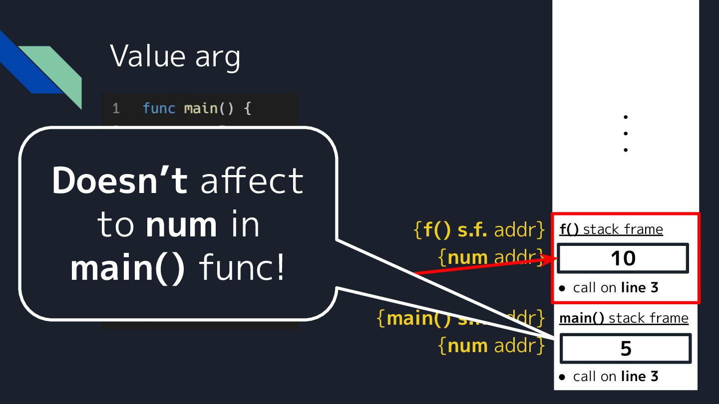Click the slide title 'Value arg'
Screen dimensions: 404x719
[x=175, y=56]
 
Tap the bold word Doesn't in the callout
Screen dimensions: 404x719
[x=120, y=181]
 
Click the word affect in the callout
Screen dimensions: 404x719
[x=252, y=181]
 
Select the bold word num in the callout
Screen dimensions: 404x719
[x=181, y=225]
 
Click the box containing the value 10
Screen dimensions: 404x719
[x=623, y=258]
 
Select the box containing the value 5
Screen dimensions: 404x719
[x=626, y=349]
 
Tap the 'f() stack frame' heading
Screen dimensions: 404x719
[x=611, y=229]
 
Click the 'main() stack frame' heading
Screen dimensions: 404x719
[x=624, y=318]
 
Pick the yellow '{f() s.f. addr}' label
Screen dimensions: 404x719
[x=479, y=230]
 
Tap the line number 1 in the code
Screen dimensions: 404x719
[x=116, y=108]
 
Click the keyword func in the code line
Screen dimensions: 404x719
[x=159, y=108]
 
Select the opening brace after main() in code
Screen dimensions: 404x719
[x=247, y=108]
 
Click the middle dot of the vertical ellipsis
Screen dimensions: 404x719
[x=626, y=133]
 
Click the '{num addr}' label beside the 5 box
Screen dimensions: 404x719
[x=491, y=346]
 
